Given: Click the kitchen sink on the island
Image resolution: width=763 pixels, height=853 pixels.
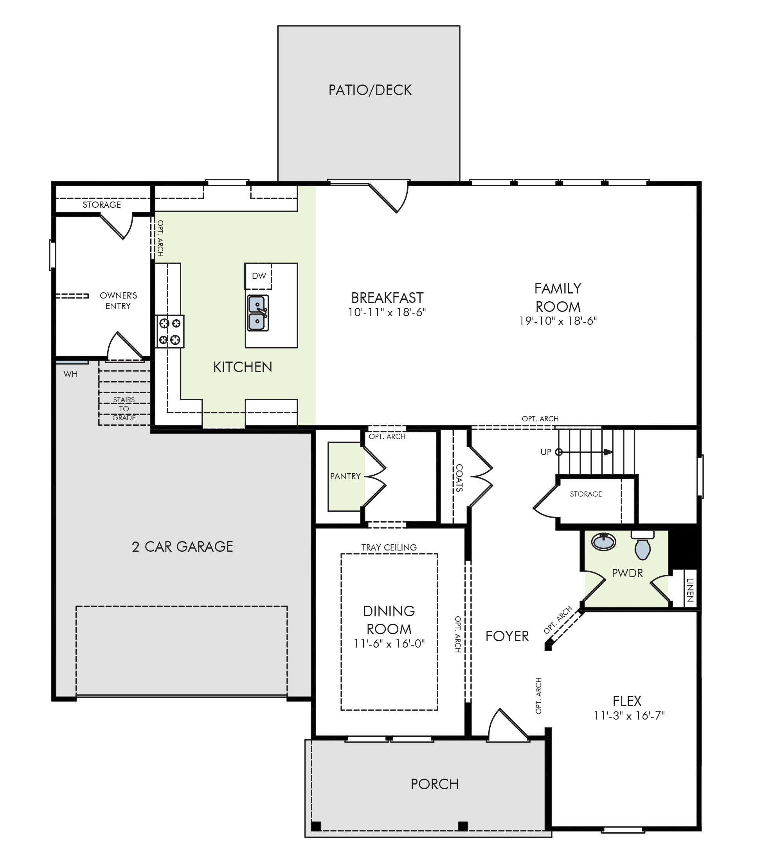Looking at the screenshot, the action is pos(257,313).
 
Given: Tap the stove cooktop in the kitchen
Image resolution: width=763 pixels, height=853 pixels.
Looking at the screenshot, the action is pos(170,331).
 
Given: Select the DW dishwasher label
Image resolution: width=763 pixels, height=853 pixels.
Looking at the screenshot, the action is pos(259,276).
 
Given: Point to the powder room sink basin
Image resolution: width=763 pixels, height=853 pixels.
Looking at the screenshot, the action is pos(604,542).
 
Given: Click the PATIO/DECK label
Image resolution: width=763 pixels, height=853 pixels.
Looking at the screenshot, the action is pos(370,90).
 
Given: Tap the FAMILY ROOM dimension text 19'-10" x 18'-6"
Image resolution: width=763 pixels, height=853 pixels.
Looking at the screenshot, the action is pos(558,321).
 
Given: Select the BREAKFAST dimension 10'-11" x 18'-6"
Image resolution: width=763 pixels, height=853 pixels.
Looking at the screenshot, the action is pos(387,312).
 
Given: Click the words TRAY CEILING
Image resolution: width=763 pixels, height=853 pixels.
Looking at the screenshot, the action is pos(389,547).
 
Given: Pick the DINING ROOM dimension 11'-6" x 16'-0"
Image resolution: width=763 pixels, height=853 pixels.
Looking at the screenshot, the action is pos(389,644).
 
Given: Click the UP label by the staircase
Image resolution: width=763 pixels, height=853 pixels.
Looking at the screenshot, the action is pos(546,452).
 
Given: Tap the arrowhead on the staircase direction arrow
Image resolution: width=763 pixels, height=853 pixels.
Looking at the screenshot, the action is pos(608,452).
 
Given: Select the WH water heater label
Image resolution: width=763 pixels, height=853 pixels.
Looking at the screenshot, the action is pos(70,374).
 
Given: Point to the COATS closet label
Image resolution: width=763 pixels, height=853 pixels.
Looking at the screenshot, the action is pos(459,478).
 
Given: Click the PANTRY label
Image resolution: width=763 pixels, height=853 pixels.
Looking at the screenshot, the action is pos(346,476).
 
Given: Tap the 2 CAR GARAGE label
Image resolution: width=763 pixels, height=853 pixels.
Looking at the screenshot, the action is pos(182,547).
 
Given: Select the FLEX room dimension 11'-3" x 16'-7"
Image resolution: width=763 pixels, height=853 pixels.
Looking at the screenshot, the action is pos(629,716).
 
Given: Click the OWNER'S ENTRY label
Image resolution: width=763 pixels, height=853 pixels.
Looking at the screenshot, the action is pos(118,301).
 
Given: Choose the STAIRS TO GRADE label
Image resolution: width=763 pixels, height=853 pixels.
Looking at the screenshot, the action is pos(124,409).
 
